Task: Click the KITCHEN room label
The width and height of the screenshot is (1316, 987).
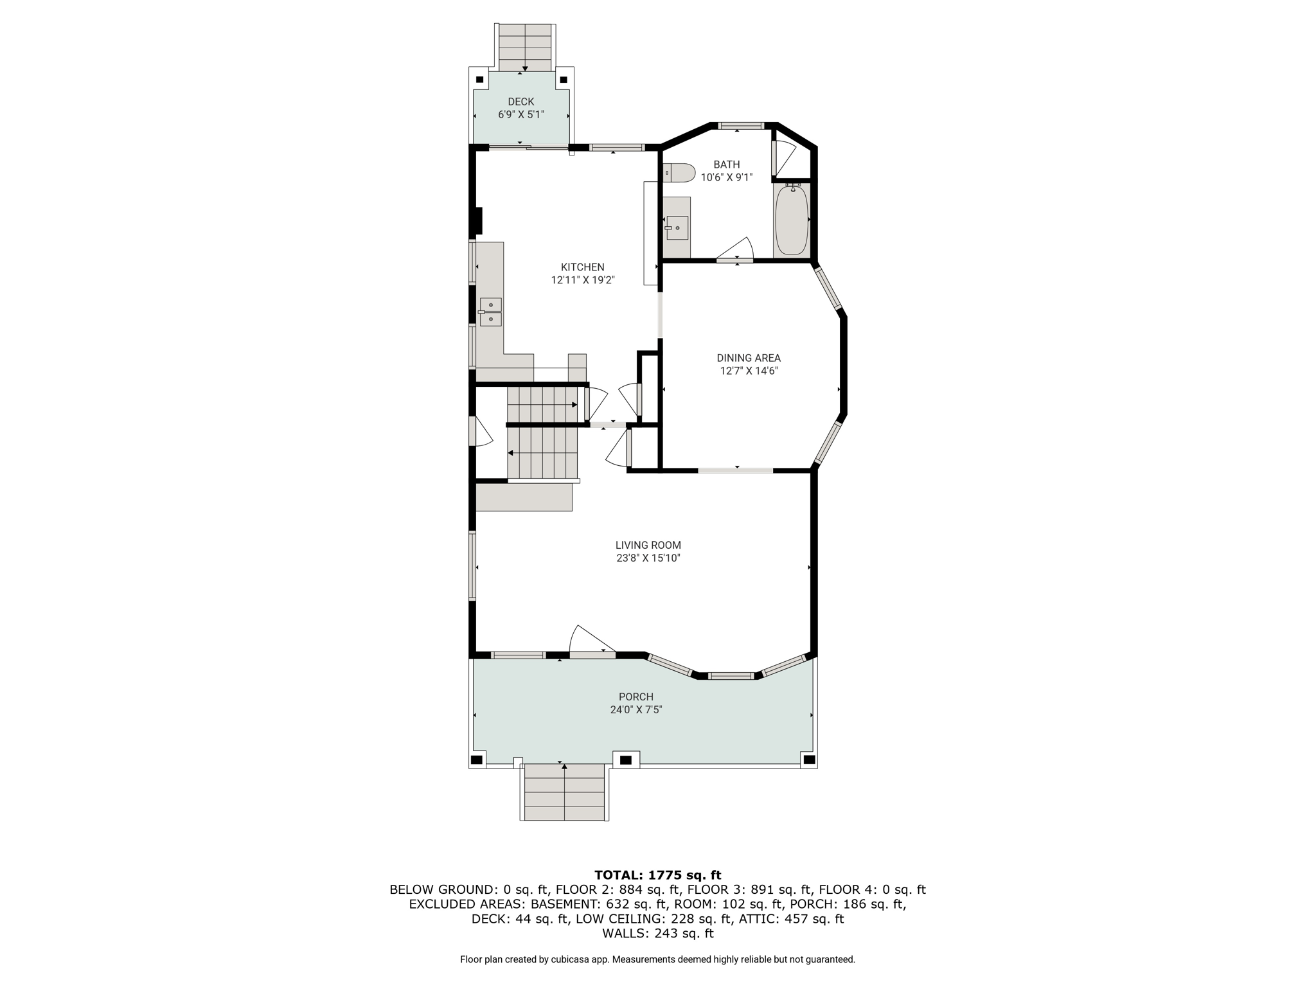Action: (x=582, y=267)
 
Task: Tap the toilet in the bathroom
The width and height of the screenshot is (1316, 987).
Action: (x=679, y=173)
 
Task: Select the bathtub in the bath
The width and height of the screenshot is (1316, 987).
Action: (x=792, y=220)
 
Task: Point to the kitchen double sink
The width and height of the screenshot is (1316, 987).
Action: (x=490, y=312)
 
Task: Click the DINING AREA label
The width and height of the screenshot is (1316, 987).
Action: (x=749, y=358)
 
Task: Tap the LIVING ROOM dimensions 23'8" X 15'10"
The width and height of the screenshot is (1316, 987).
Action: (x=648, y=558)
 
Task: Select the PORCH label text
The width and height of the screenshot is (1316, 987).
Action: (x=636, y=697)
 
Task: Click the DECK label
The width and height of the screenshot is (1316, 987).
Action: (x=521, y=102)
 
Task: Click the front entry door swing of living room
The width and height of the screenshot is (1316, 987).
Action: (x=592, y=640)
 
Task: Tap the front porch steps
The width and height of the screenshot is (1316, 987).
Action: (x=565, y=792)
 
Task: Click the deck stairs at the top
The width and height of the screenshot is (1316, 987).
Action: (x=525, y=48)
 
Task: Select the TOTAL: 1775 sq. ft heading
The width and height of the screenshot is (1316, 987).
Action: (x=657, y=875)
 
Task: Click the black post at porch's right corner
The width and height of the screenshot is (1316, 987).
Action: (x=810, y=760)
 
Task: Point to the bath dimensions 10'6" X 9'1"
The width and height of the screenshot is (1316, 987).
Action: (x=726, y=177)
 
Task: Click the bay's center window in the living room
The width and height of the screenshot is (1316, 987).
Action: (x=731, y=676)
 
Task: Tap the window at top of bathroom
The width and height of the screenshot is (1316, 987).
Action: (x=740, y=126)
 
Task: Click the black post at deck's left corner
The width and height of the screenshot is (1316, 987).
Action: (x=479, y=80)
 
